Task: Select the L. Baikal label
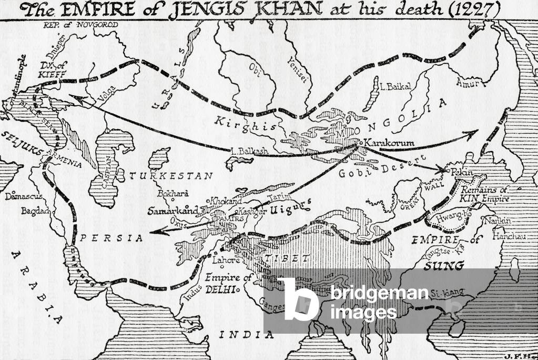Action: tap(395, 87)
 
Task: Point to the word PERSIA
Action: tap(111, 238)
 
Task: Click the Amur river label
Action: tap(466, 82)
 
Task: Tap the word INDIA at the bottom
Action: tap(247, 334)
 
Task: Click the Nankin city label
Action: tap(498, 221)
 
